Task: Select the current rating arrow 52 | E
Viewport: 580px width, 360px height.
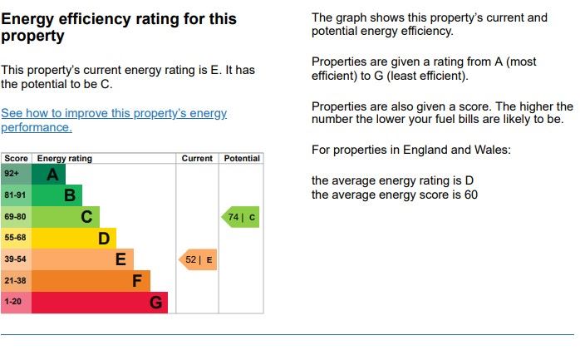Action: coord(199,260)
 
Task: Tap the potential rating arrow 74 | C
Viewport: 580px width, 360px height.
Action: coord(241,217)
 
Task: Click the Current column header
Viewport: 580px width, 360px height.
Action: coord(198,158)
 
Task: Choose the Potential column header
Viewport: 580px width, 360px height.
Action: coord(242,158)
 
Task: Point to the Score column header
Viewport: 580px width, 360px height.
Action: coord(16,158)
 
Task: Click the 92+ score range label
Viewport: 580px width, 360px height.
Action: coord(12,174)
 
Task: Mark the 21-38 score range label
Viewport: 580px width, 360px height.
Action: coord(16,281)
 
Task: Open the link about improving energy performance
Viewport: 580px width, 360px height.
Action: coord(114,120)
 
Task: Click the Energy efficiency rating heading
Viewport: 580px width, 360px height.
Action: coord(119,27)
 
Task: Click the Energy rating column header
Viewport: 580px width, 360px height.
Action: coord(65,158)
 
